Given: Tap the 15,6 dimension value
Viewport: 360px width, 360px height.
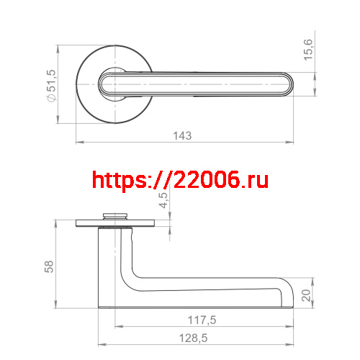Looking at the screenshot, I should point(308,51).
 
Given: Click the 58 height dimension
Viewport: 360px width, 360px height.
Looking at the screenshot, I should point(50,266).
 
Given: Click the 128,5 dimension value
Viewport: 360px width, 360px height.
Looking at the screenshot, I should point(193,338).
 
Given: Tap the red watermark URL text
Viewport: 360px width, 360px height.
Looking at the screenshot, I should point(180,179).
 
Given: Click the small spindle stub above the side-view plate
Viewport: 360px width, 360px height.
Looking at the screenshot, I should point(113,214).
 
